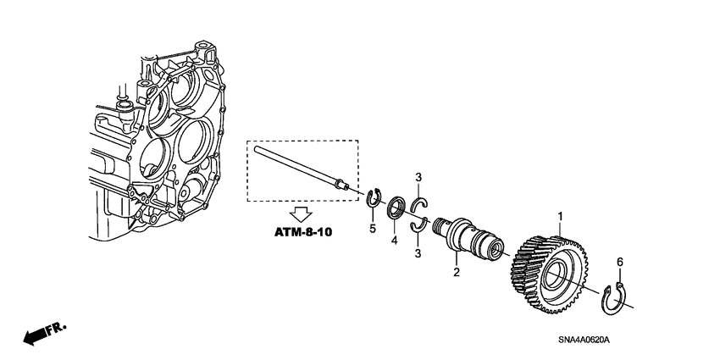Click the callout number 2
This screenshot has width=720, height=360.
tap(456, 272)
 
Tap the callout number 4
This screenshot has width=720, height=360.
tap(393, 241)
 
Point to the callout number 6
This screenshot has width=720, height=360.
tap(619, 263)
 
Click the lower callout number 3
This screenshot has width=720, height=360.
tap(418, 253)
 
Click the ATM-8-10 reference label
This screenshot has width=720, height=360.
tap(302, 231)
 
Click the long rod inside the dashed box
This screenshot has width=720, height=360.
tap(296, 165)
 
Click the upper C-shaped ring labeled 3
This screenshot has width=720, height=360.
tap(419, 204)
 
